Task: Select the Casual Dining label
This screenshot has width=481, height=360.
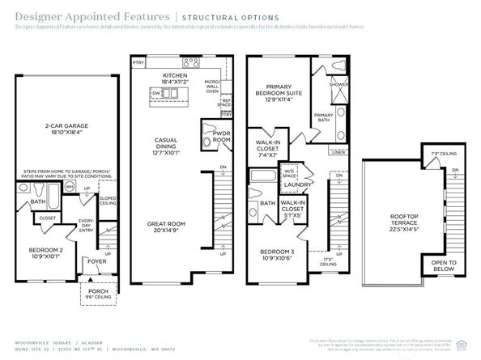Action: tap(166, 144)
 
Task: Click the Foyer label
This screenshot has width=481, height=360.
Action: tap(96, 261)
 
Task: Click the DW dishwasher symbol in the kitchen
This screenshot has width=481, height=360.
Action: tap(156, 93)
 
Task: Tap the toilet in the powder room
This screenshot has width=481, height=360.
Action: tap(205, 141)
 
